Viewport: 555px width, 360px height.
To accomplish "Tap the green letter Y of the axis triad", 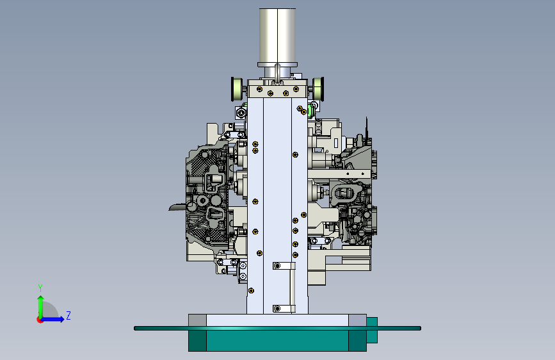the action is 40,288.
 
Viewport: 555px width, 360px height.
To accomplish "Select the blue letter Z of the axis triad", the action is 68,315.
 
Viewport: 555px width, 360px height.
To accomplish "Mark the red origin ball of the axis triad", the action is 40,320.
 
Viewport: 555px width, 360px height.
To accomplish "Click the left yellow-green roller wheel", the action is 236,89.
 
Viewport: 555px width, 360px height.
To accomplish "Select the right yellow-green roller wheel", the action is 318,88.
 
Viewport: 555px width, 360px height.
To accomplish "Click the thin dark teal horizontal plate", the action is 278,329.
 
